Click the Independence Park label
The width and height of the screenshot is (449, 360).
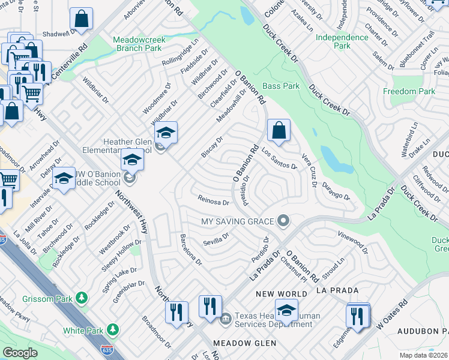pyautogui.click(x=342, y=41)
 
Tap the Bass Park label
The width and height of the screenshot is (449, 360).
pyautogui.click(x=281, y=86)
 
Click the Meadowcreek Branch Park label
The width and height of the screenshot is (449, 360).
pyautogui.click(x=139, y=44)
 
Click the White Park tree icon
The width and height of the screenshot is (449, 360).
pyautogui.click(x=112, y=330)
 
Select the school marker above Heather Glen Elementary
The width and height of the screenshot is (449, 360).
pyautogui.click(x=166, y=133)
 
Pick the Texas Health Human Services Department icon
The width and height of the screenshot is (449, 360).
pyautogui.click(x=225, y=318)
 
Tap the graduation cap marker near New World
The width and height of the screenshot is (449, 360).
pyautogui.click(x=287, y=311)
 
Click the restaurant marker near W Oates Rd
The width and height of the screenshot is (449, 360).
pyautogui.click(x=358, y=316)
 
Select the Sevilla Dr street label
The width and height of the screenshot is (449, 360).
pyautogui.click(x=217, y=239)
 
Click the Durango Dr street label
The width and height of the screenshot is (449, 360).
pyautogui.click(x=335, y=191)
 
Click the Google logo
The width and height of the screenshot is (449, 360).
pyautogui.click(x=20, y=352)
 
